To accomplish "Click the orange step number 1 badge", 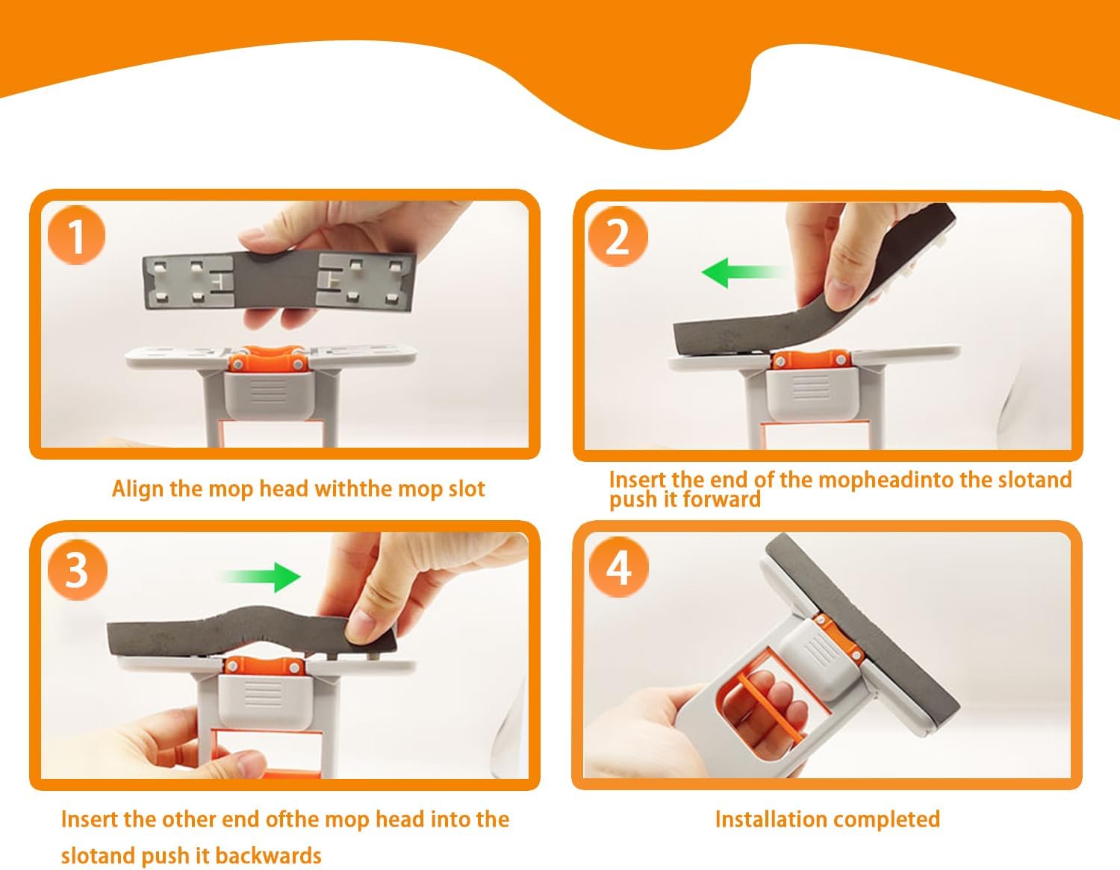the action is pyautogui.click(x=76, y=236).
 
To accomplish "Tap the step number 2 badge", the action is pyautogui.click(x=617, y=237).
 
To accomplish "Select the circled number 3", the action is pyautogui.click(x=78, y=570).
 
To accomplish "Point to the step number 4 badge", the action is pyautogui.click(x=618, y=567).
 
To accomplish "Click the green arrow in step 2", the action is pyautogui.click(x=742, y=272).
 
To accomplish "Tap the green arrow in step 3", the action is pyautogui.click(x=262, y=577).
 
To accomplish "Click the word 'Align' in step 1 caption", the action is pyautogui.click(x=137, y=489).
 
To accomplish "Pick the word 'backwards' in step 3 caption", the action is pyautogui.click(x=268, y=856).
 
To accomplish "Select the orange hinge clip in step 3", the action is pyautogui.click(x=264, y=665).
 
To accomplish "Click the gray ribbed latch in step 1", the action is pyautogui.click(x=267, y=394).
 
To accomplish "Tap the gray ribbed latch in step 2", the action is pyautogui.click(x=811, y=393).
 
